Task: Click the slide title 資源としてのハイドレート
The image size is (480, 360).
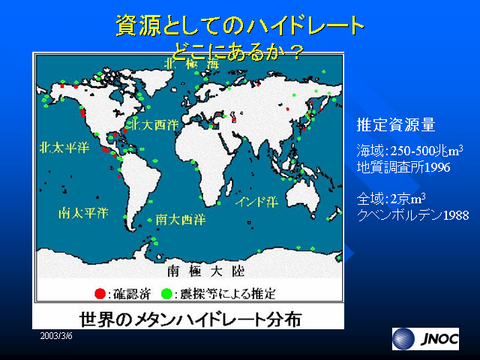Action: (x=240, y=25)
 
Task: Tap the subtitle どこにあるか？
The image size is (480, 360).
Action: (x=237, y=52)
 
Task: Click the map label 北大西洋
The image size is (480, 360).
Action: (x=154, y=124)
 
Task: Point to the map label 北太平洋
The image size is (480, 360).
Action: (x=64, y=148)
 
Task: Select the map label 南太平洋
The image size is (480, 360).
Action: (x=83, y=213)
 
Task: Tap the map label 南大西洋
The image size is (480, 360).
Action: (x=181, y=219)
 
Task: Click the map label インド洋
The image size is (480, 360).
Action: (x=256, y=202)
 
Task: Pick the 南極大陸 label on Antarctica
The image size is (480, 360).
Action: (x=205, y=271)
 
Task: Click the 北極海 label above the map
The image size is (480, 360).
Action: (x=192, y=64)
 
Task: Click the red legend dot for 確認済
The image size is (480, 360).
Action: (x=100, y=293)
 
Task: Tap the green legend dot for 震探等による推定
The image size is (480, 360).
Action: (x=166, y=293)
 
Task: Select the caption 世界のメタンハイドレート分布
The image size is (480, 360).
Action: (x=190, y=319)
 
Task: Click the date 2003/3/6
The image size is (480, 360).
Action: (x=56, y=336)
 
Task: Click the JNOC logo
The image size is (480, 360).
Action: (x=425, y=339)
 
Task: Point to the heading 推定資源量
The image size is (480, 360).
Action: (x=396, y=124)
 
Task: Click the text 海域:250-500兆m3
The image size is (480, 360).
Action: (x=409, y=151)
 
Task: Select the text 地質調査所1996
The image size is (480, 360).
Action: (x=403, y=167)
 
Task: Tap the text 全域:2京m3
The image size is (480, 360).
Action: (x=391, y=199)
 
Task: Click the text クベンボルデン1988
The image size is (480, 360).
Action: (x=412, y=215)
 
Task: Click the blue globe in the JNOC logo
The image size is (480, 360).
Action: (x=403, y=339)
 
